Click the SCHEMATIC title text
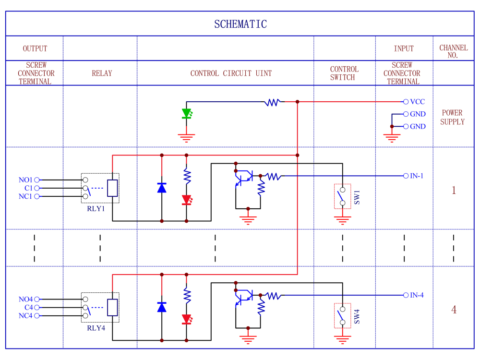[240, 24]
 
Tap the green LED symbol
[187, 114]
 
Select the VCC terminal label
[417, 102]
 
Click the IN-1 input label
[416, 176]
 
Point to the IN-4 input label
[416, 295]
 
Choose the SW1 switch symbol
[342, 196]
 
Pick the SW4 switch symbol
[342, 315]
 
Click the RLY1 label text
[96, 209]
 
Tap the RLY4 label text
[96, 328]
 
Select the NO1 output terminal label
[25, 180]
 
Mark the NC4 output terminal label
[25, 316]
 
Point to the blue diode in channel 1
[162, 188]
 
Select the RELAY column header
[102, 73]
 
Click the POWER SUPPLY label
[453, 117]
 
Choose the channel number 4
[454, 310]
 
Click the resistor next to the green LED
[273, 102]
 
